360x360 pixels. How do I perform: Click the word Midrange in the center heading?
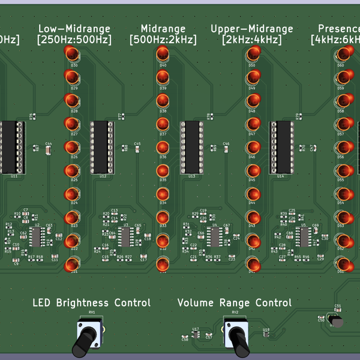(163, 29)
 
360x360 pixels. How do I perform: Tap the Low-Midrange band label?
(74, 29)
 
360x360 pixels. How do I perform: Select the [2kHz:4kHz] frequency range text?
(252, 40)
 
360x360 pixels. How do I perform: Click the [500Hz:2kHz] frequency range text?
(163, 40)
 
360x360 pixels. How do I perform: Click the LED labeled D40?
(163, 55)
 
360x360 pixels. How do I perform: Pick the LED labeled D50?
(252, 55)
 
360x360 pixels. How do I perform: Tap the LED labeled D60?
(341, 55)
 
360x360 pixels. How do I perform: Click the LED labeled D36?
(163, 148)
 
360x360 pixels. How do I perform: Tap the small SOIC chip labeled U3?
(125, 236)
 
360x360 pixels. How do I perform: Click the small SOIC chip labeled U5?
(304, 236)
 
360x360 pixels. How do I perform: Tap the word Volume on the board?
(196, 303)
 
